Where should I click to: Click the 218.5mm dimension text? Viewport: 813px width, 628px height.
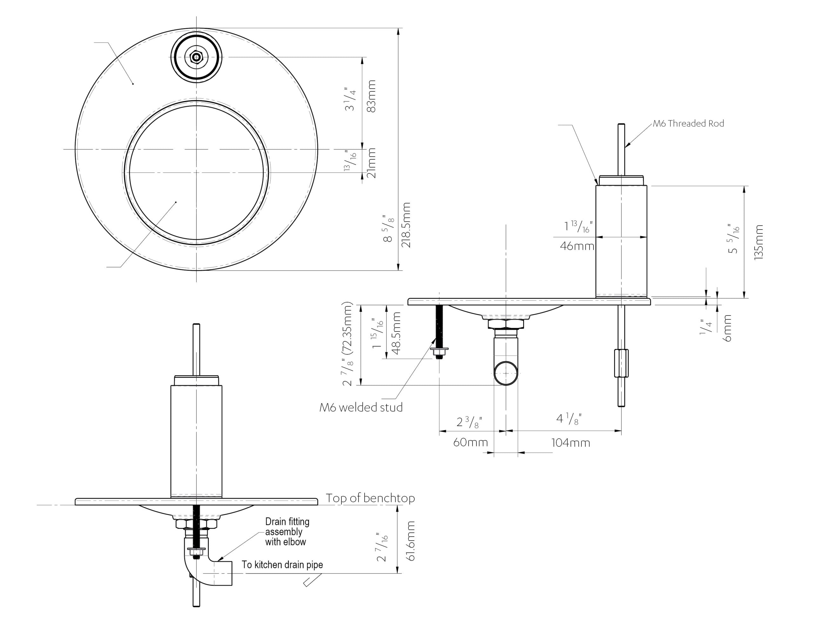click(406, 225)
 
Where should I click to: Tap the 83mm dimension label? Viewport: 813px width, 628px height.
click(372, 96)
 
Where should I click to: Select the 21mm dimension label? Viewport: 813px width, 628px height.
click(372, 163)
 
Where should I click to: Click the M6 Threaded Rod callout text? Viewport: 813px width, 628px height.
click(688, 124)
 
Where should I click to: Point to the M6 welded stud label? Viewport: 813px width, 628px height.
click(361, 408)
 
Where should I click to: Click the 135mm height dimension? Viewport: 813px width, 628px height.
click(758, 242)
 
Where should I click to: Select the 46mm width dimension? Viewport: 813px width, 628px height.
click(577, 246)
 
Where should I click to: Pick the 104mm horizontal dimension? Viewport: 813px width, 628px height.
click(570, 443)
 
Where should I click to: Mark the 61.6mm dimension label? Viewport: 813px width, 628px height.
click(411, 541)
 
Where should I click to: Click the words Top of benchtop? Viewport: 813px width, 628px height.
click(370, 498)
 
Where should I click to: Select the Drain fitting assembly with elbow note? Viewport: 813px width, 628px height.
click(287, 531)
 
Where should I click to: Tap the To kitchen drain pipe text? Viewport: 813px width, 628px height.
click(282, 565)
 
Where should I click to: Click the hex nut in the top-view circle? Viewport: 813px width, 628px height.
click(196, 57)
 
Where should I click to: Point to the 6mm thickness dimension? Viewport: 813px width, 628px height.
click(728, 328)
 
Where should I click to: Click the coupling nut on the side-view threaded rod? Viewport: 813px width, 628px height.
click(621, 363)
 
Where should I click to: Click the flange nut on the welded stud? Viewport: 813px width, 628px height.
click(439, 350)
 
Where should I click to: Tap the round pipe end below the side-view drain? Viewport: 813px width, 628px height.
click(506, 373)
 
